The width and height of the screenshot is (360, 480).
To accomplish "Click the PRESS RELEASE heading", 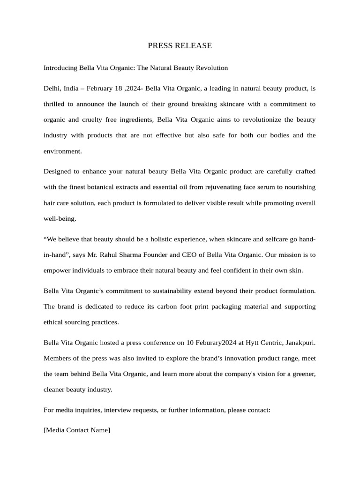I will [x=180, y=45].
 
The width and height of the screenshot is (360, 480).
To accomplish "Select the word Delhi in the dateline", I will [x=52, y=89].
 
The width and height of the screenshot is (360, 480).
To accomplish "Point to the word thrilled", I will [x=55, y=104].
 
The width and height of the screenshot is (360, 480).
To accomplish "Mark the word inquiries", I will [x=88, y=410].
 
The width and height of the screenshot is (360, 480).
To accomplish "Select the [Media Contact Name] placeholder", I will [x=77, y=429].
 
